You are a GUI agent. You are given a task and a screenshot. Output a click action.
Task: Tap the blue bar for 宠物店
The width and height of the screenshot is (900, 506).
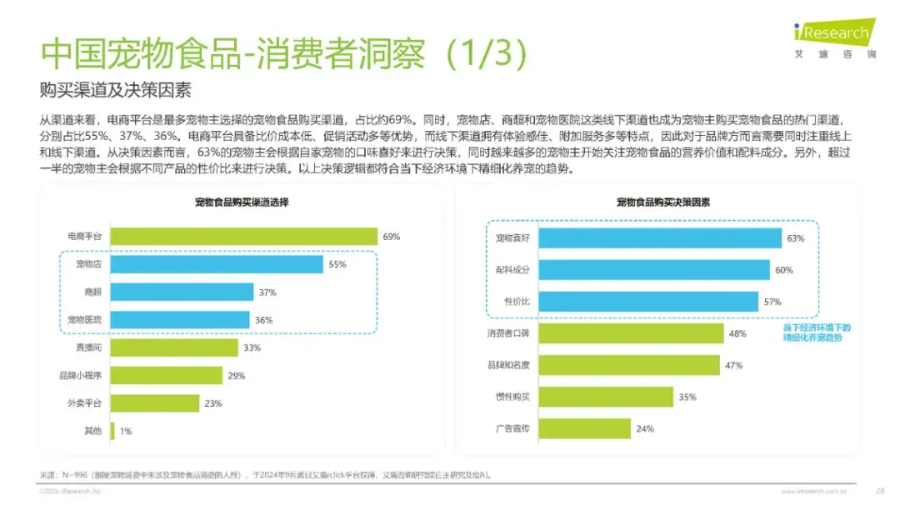(x=217, y=264)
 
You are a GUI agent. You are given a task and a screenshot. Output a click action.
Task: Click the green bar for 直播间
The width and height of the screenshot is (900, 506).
(x=173, y=348)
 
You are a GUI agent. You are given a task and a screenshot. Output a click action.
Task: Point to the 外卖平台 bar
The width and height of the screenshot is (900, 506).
(x=155, y=403)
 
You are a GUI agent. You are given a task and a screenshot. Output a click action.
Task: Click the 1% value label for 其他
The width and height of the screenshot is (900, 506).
(x=126, y=431)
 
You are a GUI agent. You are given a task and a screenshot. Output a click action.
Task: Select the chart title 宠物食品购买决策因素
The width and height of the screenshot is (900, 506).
(x=662, y=203)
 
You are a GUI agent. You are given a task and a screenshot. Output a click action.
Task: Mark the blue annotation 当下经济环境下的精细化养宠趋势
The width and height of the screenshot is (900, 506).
(x=817, y=333)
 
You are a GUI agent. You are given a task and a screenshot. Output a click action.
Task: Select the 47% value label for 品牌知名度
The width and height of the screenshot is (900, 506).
(x=733, y=365)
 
